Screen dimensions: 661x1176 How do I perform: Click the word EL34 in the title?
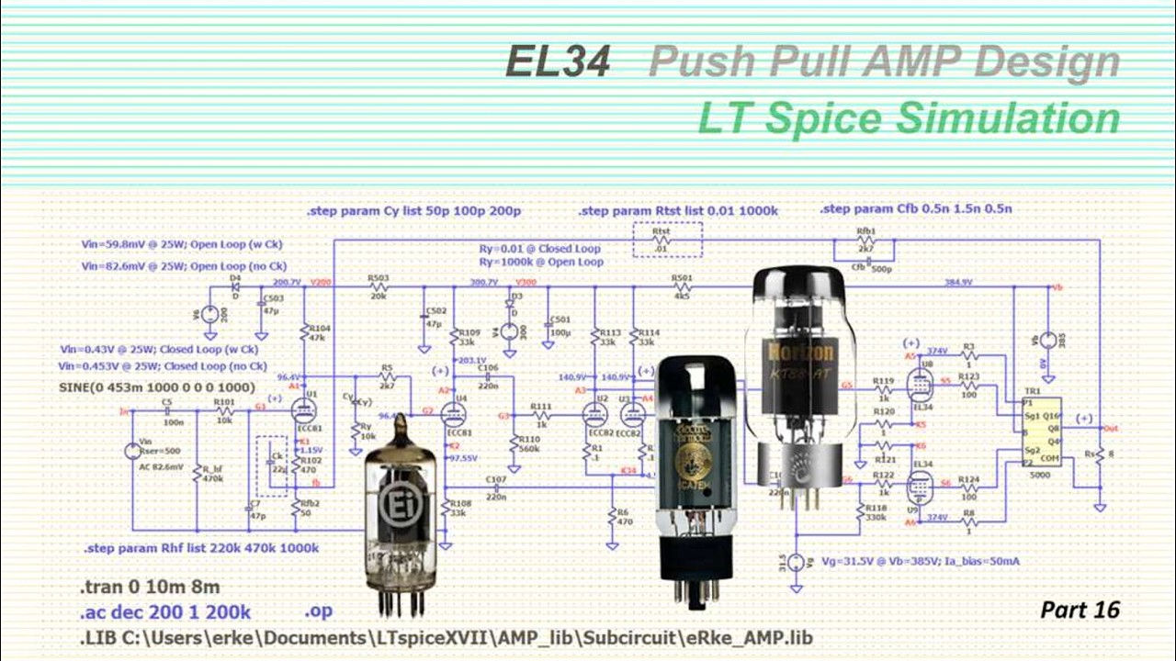point(558,62)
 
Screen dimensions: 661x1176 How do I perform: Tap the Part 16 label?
point(1080,610)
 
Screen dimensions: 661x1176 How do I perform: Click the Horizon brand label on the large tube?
point(798,353)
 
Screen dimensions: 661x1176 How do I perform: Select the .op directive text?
point(318,611)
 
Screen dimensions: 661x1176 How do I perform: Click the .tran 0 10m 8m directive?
point(149,587)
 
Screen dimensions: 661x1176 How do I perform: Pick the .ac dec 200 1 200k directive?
point(164,612)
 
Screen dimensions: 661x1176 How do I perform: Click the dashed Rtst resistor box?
point(667,240)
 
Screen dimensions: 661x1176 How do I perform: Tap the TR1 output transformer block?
point(1040,431)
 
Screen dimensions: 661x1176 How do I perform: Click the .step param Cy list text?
point(413,211)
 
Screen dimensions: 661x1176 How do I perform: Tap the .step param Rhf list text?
point(201,548)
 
